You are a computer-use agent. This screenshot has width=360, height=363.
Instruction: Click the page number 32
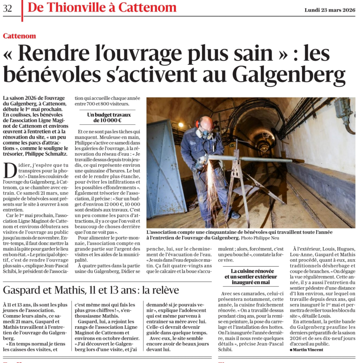tap(7, 9)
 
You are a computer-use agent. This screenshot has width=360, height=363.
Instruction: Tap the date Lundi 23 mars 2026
tap(330, 10)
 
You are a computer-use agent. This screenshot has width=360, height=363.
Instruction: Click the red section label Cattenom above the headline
tap(19, 36)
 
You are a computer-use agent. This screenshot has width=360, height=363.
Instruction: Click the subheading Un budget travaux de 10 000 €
tap(109, 118)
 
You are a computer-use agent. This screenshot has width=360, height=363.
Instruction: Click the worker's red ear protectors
tap(198, 124)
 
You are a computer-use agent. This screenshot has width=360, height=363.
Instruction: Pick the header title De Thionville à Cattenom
tap(102, 7)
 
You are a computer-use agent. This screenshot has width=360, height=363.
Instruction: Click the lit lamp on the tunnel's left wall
tap(181, 125)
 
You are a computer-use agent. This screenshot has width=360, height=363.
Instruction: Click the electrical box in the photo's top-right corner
tap(343, 108)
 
